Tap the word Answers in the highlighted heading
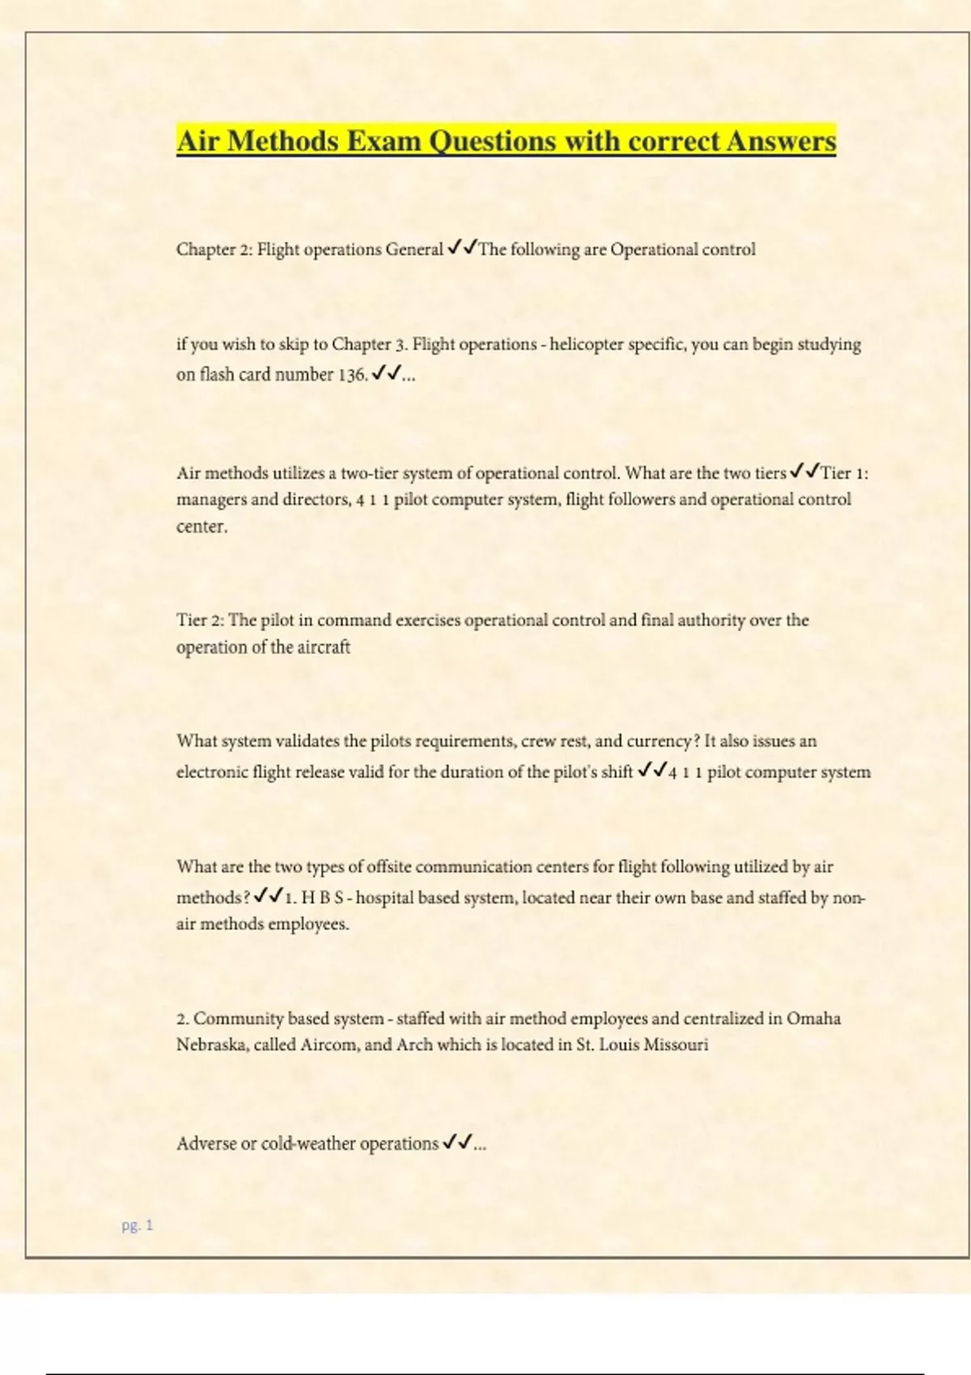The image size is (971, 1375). (x=781, y=141)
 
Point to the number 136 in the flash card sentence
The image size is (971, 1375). (x=352, y=374)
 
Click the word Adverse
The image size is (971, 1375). (x=206, y=1144)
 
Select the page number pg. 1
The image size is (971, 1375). (x=137, y=1225)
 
